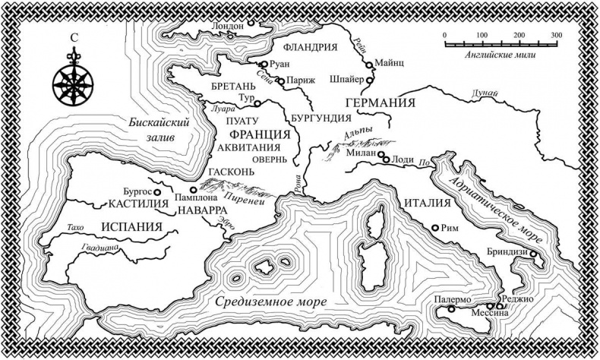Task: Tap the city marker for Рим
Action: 434,228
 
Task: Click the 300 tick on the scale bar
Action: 556,41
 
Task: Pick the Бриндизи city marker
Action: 533,254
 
